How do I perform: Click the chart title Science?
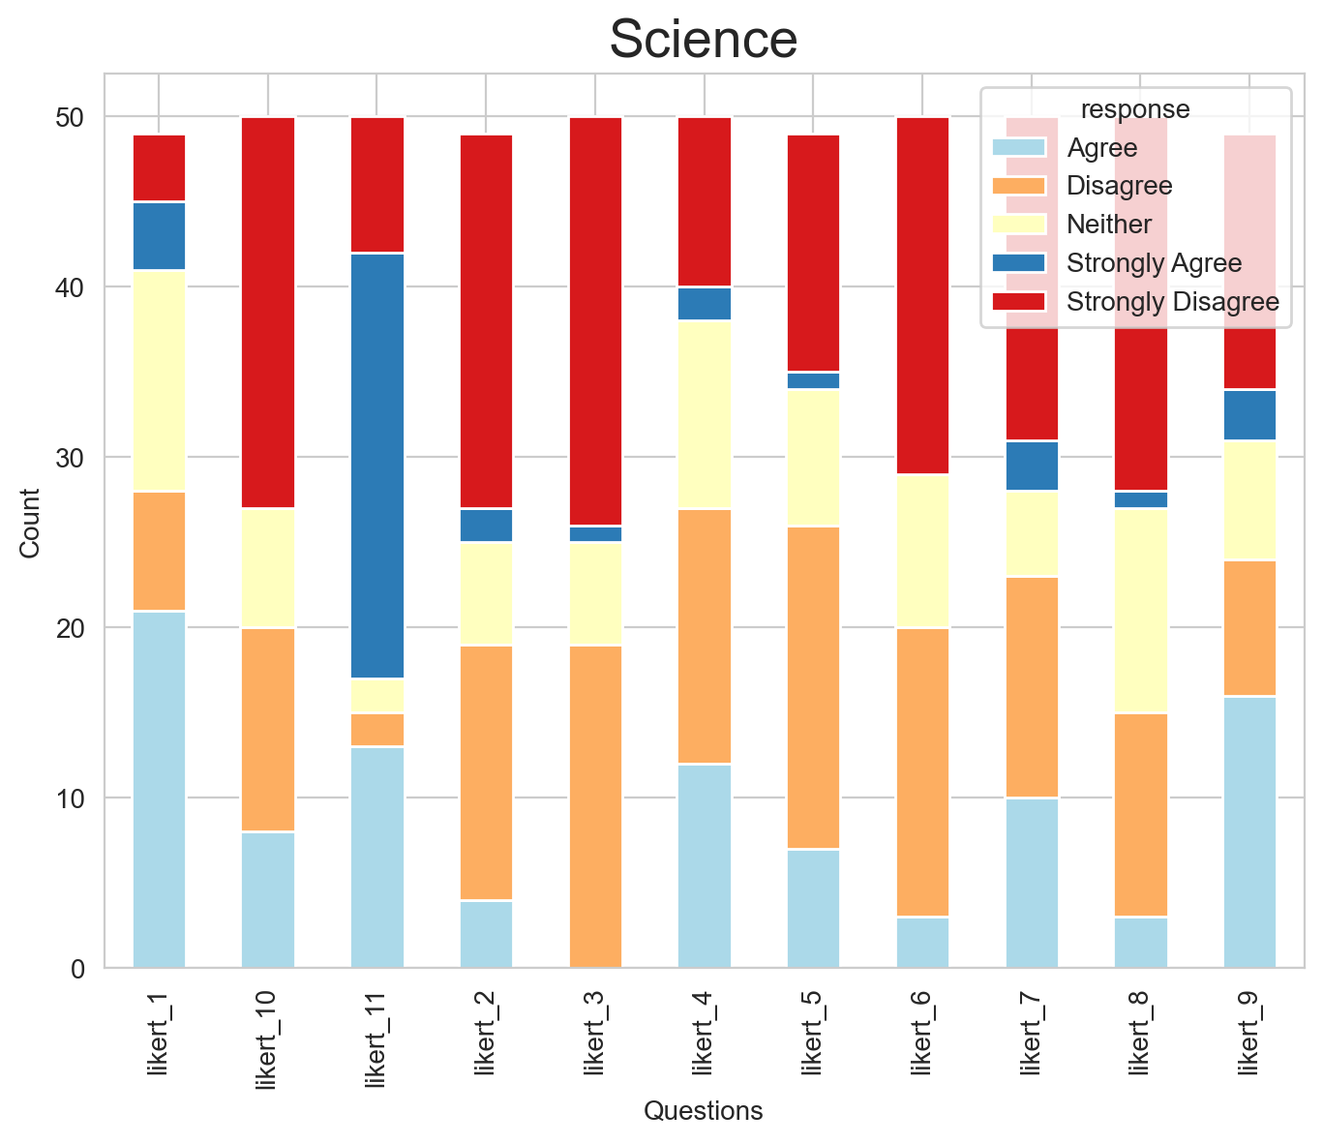point(704,41)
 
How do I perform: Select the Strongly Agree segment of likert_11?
point(376,466)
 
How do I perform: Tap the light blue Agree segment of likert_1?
point(159,789)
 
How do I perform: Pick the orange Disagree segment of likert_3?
point(595,805)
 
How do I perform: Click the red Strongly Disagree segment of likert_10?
point(268,313)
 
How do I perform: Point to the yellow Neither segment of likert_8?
point(1141,611)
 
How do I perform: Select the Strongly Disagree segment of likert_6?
point(922,295)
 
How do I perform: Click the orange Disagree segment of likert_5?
point(813,687)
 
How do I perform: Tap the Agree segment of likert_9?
point(1249,831)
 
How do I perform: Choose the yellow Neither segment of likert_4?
point(705,414)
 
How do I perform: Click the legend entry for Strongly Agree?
point(1154,263)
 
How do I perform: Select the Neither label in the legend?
point(1109,225)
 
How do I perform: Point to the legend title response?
point(1134,108)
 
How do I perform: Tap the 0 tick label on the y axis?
point(77,968)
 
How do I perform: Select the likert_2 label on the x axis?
point(486,1033)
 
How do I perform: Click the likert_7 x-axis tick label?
point(1032,1033)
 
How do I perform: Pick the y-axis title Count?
point(30,523)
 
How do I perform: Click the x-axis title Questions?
point(704,1111)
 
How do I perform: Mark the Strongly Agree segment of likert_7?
point(1032,466)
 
